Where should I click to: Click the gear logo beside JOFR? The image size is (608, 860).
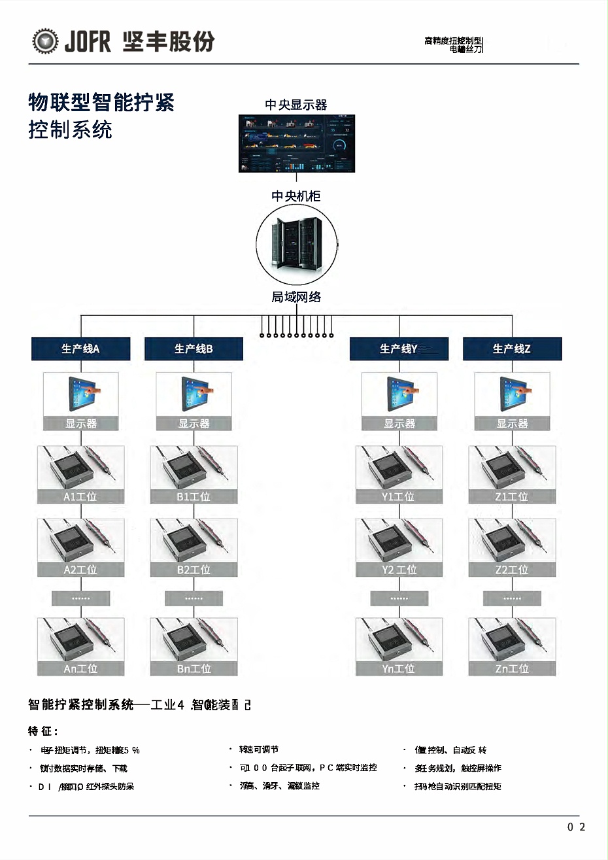pyautogui.click(x=45, y=41)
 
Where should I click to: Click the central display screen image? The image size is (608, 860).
pyautogui.click(x=296, y=143)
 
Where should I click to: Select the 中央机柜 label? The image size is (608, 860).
pyautogui.click(x=296, y=196)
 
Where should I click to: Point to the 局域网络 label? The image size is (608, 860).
pyautogui.click(x=296, y=297)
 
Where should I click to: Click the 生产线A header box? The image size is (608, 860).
pyautogui.click(x=81, y=349)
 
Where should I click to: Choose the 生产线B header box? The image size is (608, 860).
pyautogui.click(x=194, y=349)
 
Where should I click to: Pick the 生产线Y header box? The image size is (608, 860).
pyautogui.click(x=399, y=349)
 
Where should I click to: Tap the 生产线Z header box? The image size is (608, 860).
pyautogui.click(x=512, y=349)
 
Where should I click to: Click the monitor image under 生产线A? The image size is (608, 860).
pyautogui.click(x=81, y=394)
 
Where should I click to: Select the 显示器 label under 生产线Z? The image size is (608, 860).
pyautogui.click(x=512, y=424)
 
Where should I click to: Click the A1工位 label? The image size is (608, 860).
pyautogui.click(x=80, y=497)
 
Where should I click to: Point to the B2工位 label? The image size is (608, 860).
pyautogui.click(x=194, y=570)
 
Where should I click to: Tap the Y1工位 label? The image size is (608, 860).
pyautogui.click(x=399, y=497)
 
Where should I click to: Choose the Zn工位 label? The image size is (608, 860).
pyautogui.click(x=512, y=668)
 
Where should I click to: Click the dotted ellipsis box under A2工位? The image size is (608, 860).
pyautogui.click(x=81, y=598)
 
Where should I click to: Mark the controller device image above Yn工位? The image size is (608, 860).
pyautogui.click(x=399, y=640)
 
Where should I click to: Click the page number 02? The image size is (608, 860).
pyautogui.click(x=576, y=827)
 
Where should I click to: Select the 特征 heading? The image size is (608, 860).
pyautogui.click(x=43, y=731)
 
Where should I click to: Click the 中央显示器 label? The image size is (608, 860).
pyautogui.click(x=296, y=105)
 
